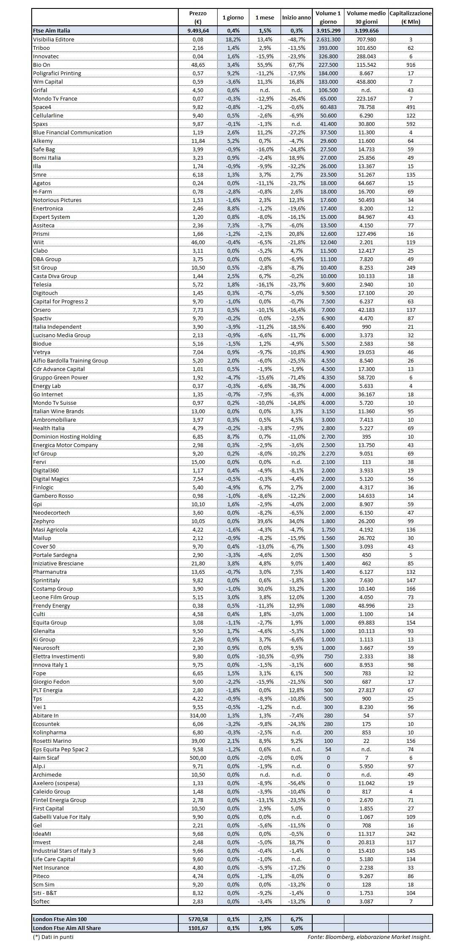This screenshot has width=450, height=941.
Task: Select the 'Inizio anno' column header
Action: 296,18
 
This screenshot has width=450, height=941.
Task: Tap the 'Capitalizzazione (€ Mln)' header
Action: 410,17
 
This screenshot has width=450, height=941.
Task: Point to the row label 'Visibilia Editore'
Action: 54,39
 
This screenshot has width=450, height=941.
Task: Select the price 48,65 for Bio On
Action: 198,65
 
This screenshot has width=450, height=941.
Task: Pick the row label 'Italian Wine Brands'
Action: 58,411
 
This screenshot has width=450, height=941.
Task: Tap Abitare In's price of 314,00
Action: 198,715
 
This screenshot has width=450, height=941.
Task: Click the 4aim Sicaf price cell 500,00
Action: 198,758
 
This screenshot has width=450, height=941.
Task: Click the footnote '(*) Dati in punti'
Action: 53,936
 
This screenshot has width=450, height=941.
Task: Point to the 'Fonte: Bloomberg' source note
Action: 369,936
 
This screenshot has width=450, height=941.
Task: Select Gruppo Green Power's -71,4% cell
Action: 296,377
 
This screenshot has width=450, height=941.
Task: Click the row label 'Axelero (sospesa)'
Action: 56,783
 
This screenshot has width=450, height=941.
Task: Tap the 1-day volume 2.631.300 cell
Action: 328,39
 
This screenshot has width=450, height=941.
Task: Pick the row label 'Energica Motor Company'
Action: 65,445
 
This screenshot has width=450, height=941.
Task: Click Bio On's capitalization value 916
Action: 410,65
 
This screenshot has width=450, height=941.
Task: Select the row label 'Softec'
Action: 41,901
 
